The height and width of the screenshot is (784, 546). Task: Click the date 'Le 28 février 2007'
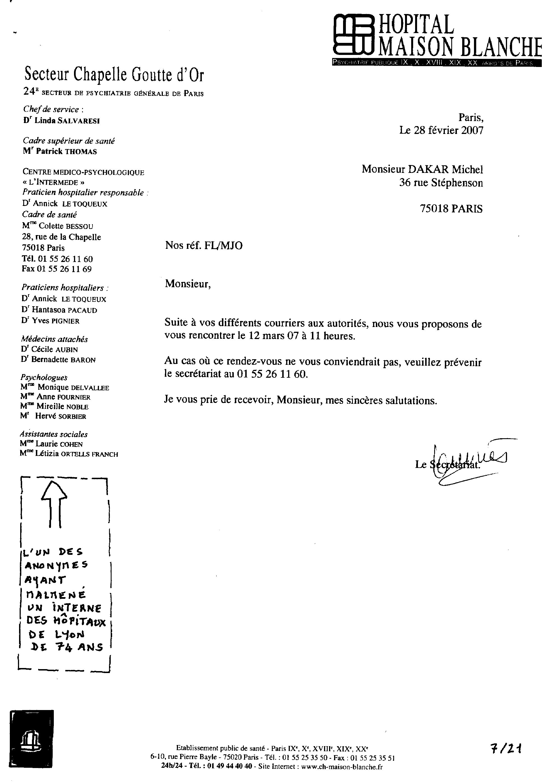[x=441, y=130]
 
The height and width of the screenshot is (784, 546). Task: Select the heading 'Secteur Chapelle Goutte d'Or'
[x=114, y=75]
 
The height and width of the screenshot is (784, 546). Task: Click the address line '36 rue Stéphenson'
[x=441, y=183]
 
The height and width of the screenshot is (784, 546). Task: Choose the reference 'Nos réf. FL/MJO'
[x=204, y=245]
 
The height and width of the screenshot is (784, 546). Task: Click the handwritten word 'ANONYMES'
[x=56, y=565]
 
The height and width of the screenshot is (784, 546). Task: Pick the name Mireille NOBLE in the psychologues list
[x=63, y=407]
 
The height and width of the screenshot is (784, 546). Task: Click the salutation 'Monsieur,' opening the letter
[x=188, y=284]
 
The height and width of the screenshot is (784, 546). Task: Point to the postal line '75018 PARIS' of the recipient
[x=451, y=209]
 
